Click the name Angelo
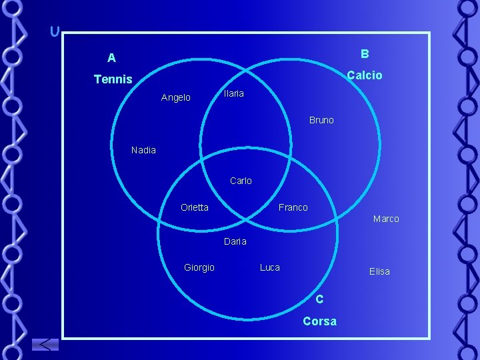point(176,98)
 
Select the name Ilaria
point(233,94)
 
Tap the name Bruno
point(321,121)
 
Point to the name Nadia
point(143,150)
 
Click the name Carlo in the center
point(241,181)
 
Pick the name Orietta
point(194,207)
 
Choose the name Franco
point(293,207)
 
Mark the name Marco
point(386,219)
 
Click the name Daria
point(235,241)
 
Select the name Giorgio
point(199,267)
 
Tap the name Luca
point(269,267)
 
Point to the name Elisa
point(379,271)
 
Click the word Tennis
point(113,79)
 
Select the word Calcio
point(365,75)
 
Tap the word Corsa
point(319,321)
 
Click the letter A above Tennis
point(111,58)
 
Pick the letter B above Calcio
point(365,53)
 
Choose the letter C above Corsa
point(319,299)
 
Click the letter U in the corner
point(55,31)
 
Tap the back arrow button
point(45,345)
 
